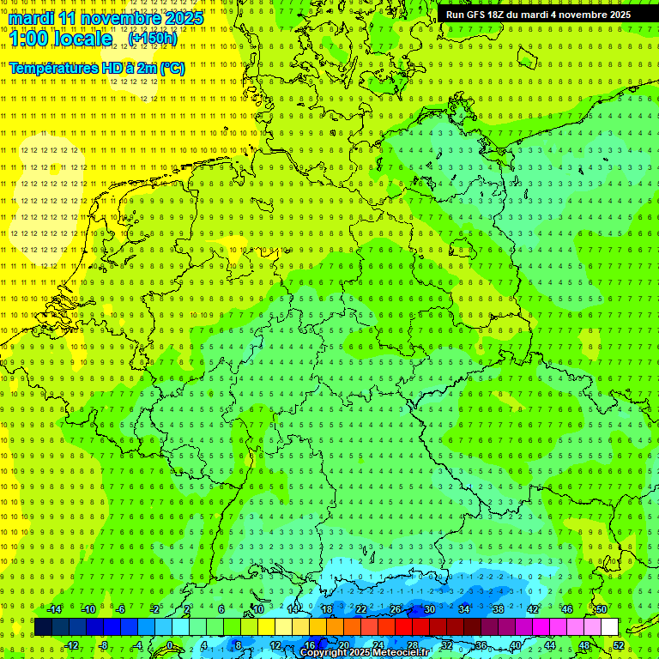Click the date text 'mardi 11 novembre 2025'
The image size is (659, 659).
(x=106, y=17)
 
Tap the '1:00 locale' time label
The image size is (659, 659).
(x=60, y=39)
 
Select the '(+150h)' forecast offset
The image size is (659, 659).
(x=153, y=39)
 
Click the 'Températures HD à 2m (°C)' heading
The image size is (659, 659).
(x=96, y=68)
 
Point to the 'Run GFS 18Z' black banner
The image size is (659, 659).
(x=538, y=15)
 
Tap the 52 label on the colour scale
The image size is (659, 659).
(x=619, y=645)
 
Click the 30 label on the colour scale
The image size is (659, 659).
(x=429, y=609)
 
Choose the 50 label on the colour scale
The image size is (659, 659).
(x=602, y=609)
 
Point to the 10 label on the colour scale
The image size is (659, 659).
(x=257, y=609)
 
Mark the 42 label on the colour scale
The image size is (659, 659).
(x=532, y=609)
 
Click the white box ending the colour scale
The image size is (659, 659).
(x=609, y=626)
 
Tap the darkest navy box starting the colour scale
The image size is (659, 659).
(x=43, y=626)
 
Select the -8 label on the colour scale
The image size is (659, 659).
(x=105, y=645)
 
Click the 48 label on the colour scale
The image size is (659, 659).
(x=584, y=645)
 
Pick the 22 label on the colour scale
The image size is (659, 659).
(x=360, y=609)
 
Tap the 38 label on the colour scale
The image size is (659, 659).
(x=498, y=609)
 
